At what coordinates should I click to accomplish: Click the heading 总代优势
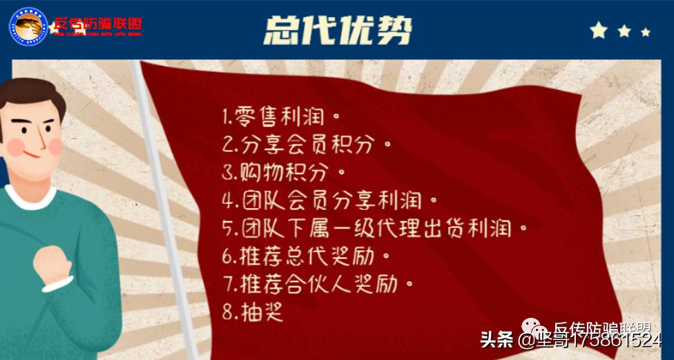tap(338, 30)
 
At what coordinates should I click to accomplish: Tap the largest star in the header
tap(599, 30)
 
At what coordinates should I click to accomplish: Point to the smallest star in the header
tap(646, 32)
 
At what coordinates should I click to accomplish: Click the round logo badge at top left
tap(28, 28)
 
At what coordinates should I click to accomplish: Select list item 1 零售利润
tap(282, 117)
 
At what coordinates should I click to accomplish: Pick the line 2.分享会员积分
tap(307, 144)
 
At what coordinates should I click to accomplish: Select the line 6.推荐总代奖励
tap(307, 256)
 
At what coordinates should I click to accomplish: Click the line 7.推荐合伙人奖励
tap(318, 284)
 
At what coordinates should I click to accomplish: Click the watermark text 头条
tap(497, 340)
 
